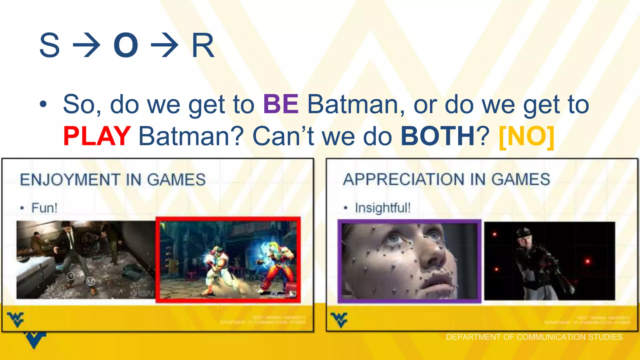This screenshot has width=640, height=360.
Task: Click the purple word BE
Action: pyautogui.click(x=281, y=104)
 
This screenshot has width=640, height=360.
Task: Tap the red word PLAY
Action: pyautogui.click(x=97, y=136)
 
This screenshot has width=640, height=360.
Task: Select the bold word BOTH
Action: pyautogui.click(x=437, y=136)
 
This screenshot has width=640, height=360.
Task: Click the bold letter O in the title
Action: pyautogui.click(x=126, y=46)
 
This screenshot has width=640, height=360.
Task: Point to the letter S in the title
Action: pyautogui.click(x=49, y=46)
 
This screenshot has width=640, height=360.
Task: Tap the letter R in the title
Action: pyautogui.click(x=203, y=46)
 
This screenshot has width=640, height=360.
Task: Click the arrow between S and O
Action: pyautogui.click(x=87, y=46)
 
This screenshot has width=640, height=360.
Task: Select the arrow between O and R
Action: pyautogui.click(x=164, y=46)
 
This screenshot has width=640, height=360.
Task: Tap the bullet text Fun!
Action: pyautogui.click(x=44, y=208)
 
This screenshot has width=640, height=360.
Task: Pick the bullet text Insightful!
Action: pyautogui.click(x=382, y=208)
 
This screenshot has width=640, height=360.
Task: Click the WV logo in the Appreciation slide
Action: pyautogui.click(x=339, y=319)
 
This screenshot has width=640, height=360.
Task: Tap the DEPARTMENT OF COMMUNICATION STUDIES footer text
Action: pyautogui.click(x=534, y=337)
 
